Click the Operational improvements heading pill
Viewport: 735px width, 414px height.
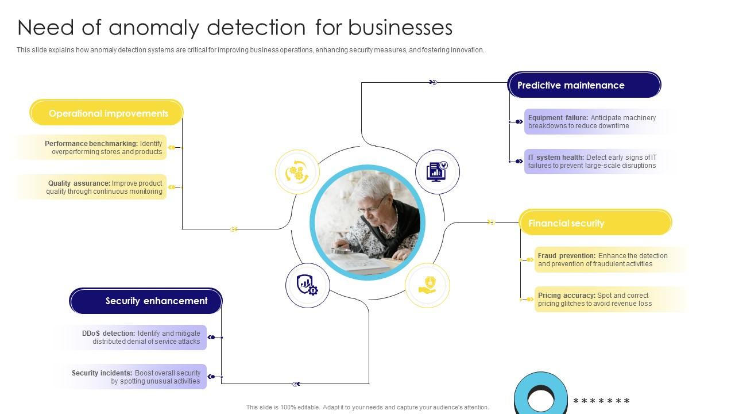[107, 113]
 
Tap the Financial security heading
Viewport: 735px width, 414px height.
[595, 223]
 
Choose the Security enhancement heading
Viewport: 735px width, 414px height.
[146, 301]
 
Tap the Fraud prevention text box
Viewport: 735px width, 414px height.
[603, 260]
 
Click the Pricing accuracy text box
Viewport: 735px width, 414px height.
[603, 300]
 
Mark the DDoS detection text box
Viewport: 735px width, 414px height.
[138, 338]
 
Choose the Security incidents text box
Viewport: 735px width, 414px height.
[138, 377]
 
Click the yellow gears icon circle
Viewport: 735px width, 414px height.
[297, 171]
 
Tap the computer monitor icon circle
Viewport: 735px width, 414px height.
[437, 171]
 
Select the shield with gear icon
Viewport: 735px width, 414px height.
[307, 285]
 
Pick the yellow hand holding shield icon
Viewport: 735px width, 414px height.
[427, 285]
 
